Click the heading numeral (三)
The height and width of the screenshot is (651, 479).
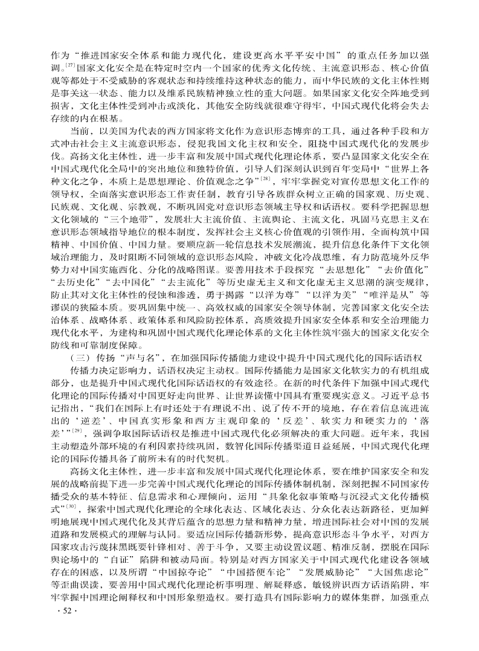[80, 357]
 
